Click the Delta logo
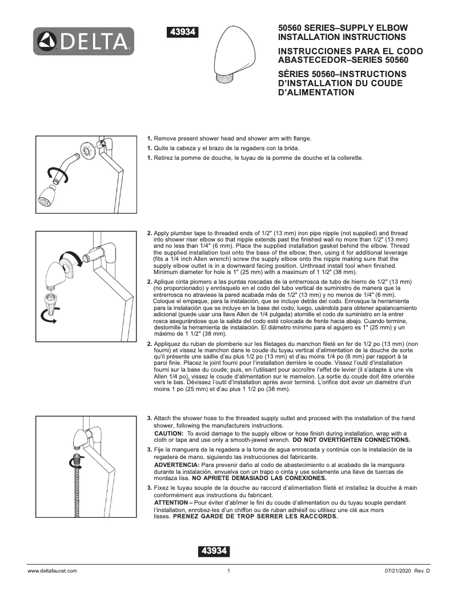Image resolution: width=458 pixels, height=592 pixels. (x=83, y=41)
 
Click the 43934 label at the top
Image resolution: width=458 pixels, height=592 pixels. (x=182, y=33)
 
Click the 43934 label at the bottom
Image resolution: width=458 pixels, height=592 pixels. (x=214, y=551)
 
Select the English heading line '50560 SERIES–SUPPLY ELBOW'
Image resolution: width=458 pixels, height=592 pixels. (x=342, y=27)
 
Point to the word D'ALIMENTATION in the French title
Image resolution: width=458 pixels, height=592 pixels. (x=316, y=92)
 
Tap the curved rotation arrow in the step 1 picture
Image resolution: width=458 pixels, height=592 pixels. (x=58, y=175)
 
